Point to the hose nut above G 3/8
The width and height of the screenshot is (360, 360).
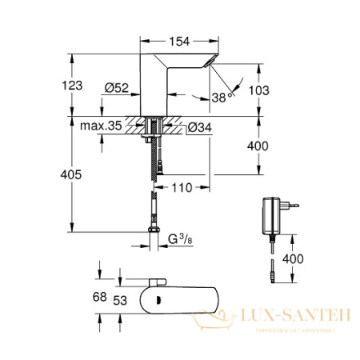coord(152,231)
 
